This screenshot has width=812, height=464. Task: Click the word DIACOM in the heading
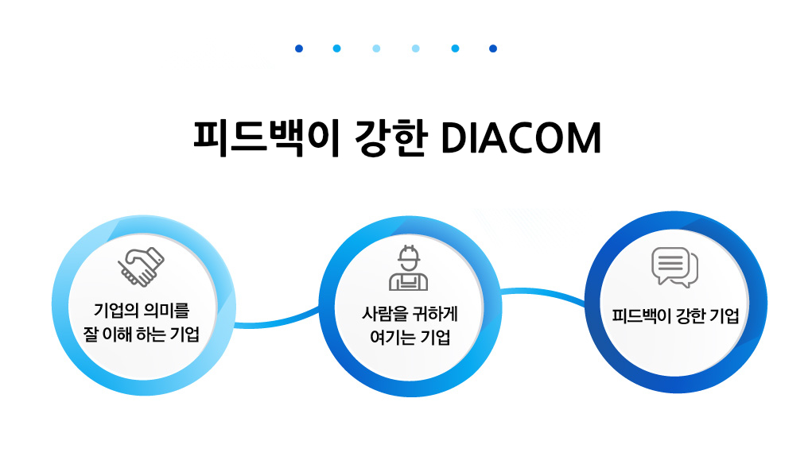click(521, 138)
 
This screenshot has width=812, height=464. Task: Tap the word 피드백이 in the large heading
click(266, 138)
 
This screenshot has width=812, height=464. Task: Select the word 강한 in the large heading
click(391, 138)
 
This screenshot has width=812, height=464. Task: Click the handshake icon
click(141, 266)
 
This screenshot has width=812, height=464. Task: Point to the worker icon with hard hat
click(408, 268)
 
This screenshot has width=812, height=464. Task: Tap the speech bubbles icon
click(674, 268)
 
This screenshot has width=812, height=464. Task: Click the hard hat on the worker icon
click(408, 253)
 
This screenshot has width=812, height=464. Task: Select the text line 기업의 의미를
click(142, 311)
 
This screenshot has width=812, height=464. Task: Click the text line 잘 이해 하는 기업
click(142, 334)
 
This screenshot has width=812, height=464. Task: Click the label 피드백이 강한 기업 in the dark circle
click(675, 315)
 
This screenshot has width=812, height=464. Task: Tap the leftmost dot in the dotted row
click(299, 48)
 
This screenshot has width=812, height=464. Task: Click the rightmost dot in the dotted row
click(493, 48)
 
